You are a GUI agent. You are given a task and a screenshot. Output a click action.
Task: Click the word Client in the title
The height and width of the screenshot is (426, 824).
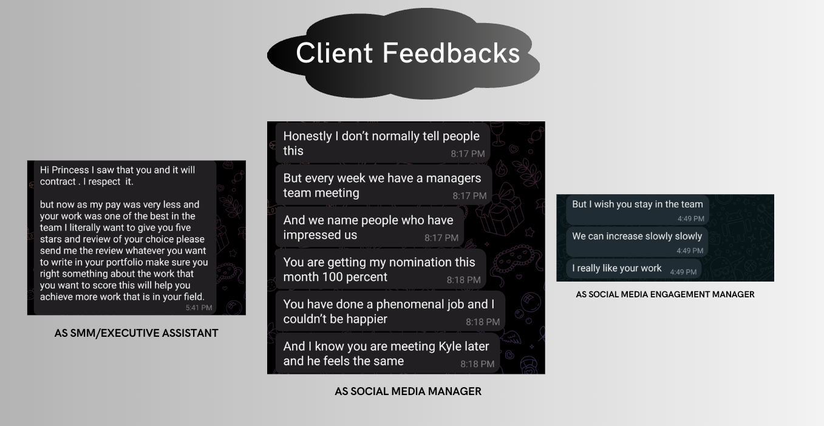pyautogui.click(x=335, y=53)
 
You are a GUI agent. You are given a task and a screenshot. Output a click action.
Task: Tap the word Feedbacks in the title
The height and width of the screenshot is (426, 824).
pyautogui.click(x=451, y=53)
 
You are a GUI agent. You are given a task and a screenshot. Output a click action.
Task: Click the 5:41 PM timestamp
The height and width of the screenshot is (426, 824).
pyautogui.click(x=199, y=308)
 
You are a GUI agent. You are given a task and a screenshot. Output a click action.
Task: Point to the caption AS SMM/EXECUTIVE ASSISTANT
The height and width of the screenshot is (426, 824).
pyautogui.click(x=137, y=333)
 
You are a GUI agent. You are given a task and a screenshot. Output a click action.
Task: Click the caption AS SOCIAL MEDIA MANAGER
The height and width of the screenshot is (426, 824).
pyautogui.click(x=408, y=391)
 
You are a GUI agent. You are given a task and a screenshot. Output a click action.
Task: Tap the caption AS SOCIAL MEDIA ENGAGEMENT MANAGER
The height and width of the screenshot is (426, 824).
pyautogui.click(x=665, y=294)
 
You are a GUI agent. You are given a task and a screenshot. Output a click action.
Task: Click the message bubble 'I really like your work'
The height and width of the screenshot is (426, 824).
pyautogui.click(x=634, y=269)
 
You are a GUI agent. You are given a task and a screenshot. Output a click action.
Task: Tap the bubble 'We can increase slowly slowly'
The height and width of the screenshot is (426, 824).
pyautogui.click(x=637, y=242)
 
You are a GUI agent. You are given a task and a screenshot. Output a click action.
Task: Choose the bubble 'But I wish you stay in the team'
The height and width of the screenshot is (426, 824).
pyautogui.click(x=638, y=209)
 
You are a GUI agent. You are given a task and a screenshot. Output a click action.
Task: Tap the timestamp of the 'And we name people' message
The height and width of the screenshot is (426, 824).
pyautogui.click(x=441, y=238)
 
